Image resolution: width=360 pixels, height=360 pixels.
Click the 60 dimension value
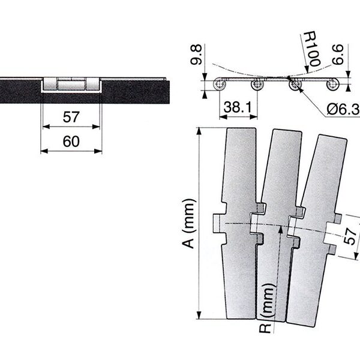(71, 142)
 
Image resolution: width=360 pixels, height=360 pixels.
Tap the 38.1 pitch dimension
(238, 107)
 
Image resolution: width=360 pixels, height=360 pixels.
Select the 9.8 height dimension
(196, 55)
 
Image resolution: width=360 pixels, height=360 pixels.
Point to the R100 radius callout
(312, 49)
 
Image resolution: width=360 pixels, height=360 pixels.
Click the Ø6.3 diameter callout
(343, 110)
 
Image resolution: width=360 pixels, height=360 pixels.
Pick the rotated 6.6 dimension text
(337, 55)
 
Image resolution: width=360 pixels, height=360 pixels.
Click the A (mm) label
(190, 224)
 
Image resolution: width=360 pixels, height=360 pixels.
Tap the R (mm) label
(266, 308)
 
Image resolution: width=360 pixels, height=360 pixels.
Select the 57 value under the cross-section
(71, 117)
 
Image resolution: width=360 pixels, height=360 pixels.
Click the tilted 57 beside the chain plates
(350, 236)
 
